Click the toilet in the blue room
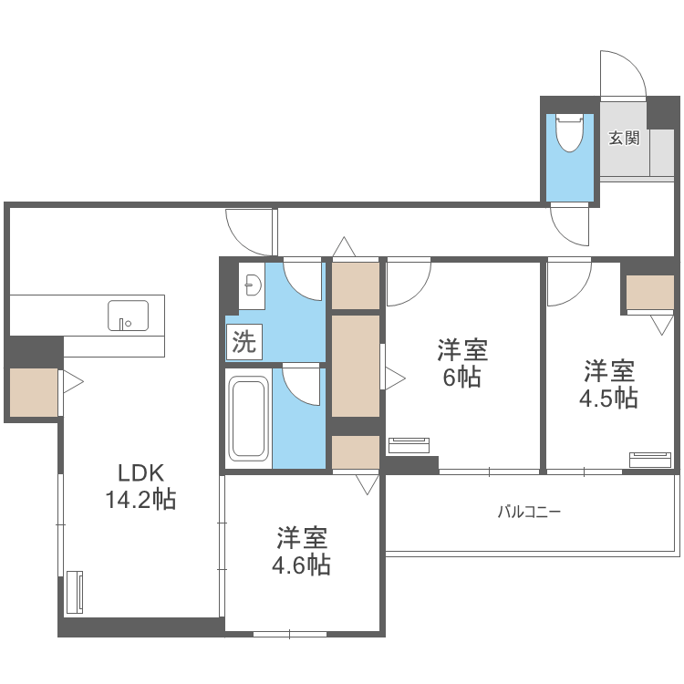tap(569, 133)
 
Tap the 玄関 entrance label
tap(624, 139)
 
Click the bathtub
tap(248, 419)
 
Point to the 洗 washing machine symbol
tap(244, 342)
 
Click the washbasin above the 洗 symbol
tap(251, 287)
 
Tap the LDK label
tap(140, 472)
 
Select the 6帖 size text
tap(462, 377)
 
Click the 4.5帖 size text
tap(609, 398)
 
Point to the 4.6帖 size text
tap(301, 565)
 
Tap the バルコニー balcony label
tap(529, 512)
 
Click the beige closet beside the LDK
tap(34, 393)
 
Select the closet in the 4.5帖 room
tap(649, 292)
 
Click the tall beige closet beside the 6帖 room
tap(356, 365)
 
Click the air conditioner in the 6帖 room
tap(409, 445)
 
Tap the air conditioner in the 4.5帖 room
tap(649, 459)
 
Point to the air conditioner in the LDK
tap(75, 593)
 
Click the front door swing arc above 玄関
tap(623, 73)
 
